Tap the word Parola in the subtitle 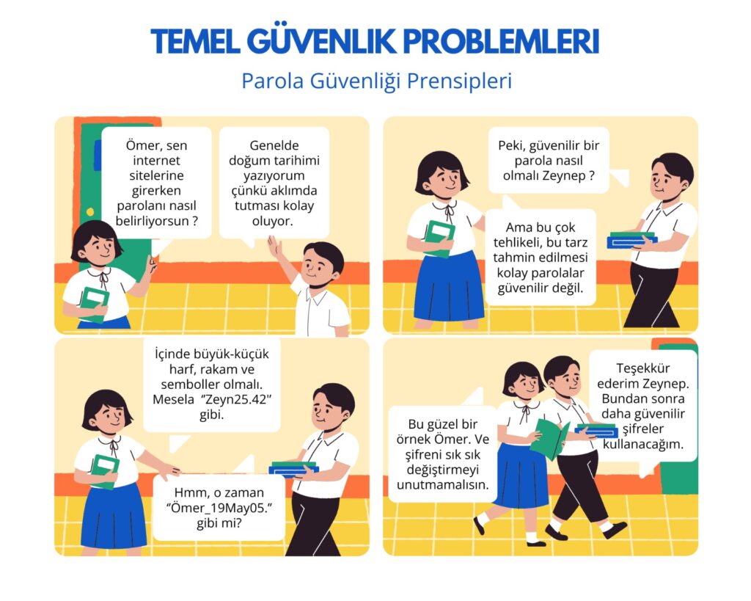[x=273, y=81]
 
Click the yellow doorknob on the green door [x=90, y=212]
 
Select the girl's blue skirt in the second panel [x=449, y=287]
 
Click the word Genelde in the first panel [x=274, y=145]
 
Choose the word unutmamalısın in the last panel [x=442, y=484]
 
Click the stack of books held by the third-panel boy [x=293, y=467]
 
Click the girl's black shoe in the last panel [x=479, y=525]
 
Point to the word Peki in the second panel [x=510, y=146]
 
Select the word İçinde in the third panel [x=172, y=354]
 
